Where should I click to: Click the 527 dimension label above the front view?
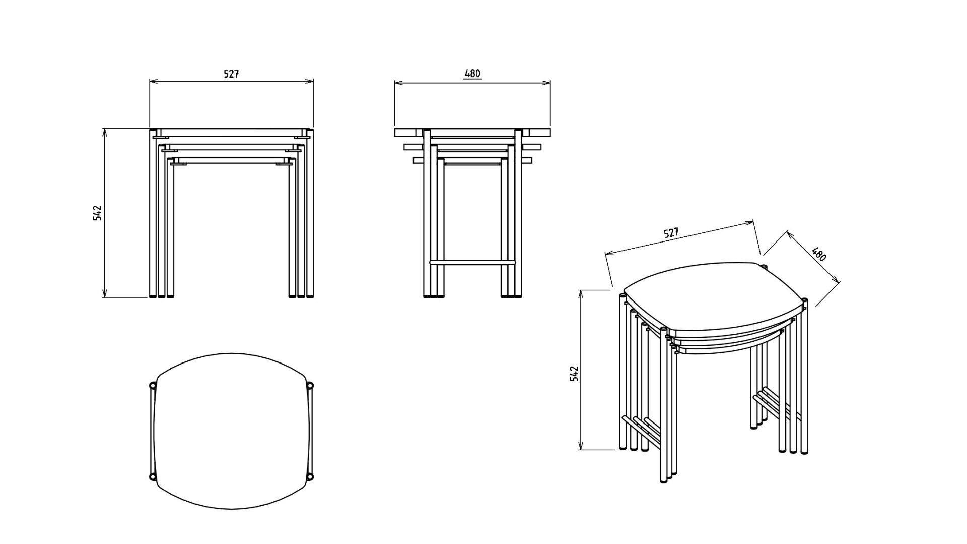tap(231, 74)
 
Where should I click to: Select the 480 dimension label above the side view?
tap(472, 74)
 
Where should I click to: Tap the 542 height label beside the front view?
tap(97, 213)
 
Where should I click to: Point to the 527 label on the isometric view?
tap(671, 233)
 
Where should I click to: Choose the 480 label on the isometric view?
tap(819, 254)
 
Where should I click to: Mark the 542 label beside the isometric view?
tap(574, 374)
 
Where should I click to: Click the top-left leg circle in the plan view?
tap(153, 386)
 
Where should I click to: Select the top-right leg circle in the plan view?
tap(310, 386)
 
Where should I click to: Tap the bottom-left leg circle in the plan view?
tap(153, 476)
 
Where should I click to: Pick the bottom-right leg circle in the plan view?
tap(310, 476)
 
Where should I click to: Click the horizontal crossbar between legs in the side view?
tap(472, 262)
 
